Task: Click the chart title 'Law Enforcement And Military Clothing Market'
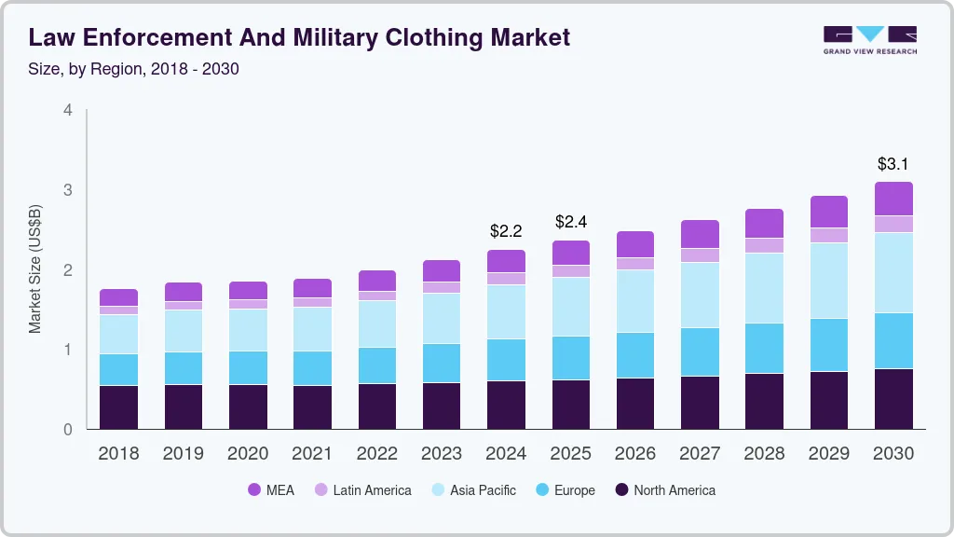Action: tap(299, 37)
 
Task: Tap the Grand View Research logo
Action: tap(869, 39)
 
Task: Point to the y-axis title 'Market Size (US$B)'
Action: tap(35, 268)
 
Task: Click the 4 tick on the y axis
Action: tap(67, 110)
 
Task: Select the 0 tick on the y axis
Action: tap(67, 430)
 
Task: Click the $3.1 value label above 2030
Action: tap(893, 164)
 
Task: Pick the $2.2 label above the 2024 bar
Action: tap(507, 230)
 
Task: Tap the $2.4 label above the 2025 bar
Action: tap(571, 222)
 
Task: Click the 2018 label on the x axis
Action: tap(118, 454)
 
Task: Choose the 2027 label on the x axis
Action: tap(700, 454)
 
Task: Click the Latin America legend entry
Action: tap(362, 489)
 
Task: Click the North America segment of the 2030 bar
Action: tap(893, 399)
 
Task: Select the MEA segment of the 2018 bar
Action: tap(118, 297)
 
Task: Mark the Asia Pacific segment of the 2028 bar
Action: tap(765, 288)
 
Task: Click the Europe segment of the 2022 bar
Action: tap(377, 365)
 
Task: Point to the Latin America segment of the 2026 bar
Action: tap(635, 264)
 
